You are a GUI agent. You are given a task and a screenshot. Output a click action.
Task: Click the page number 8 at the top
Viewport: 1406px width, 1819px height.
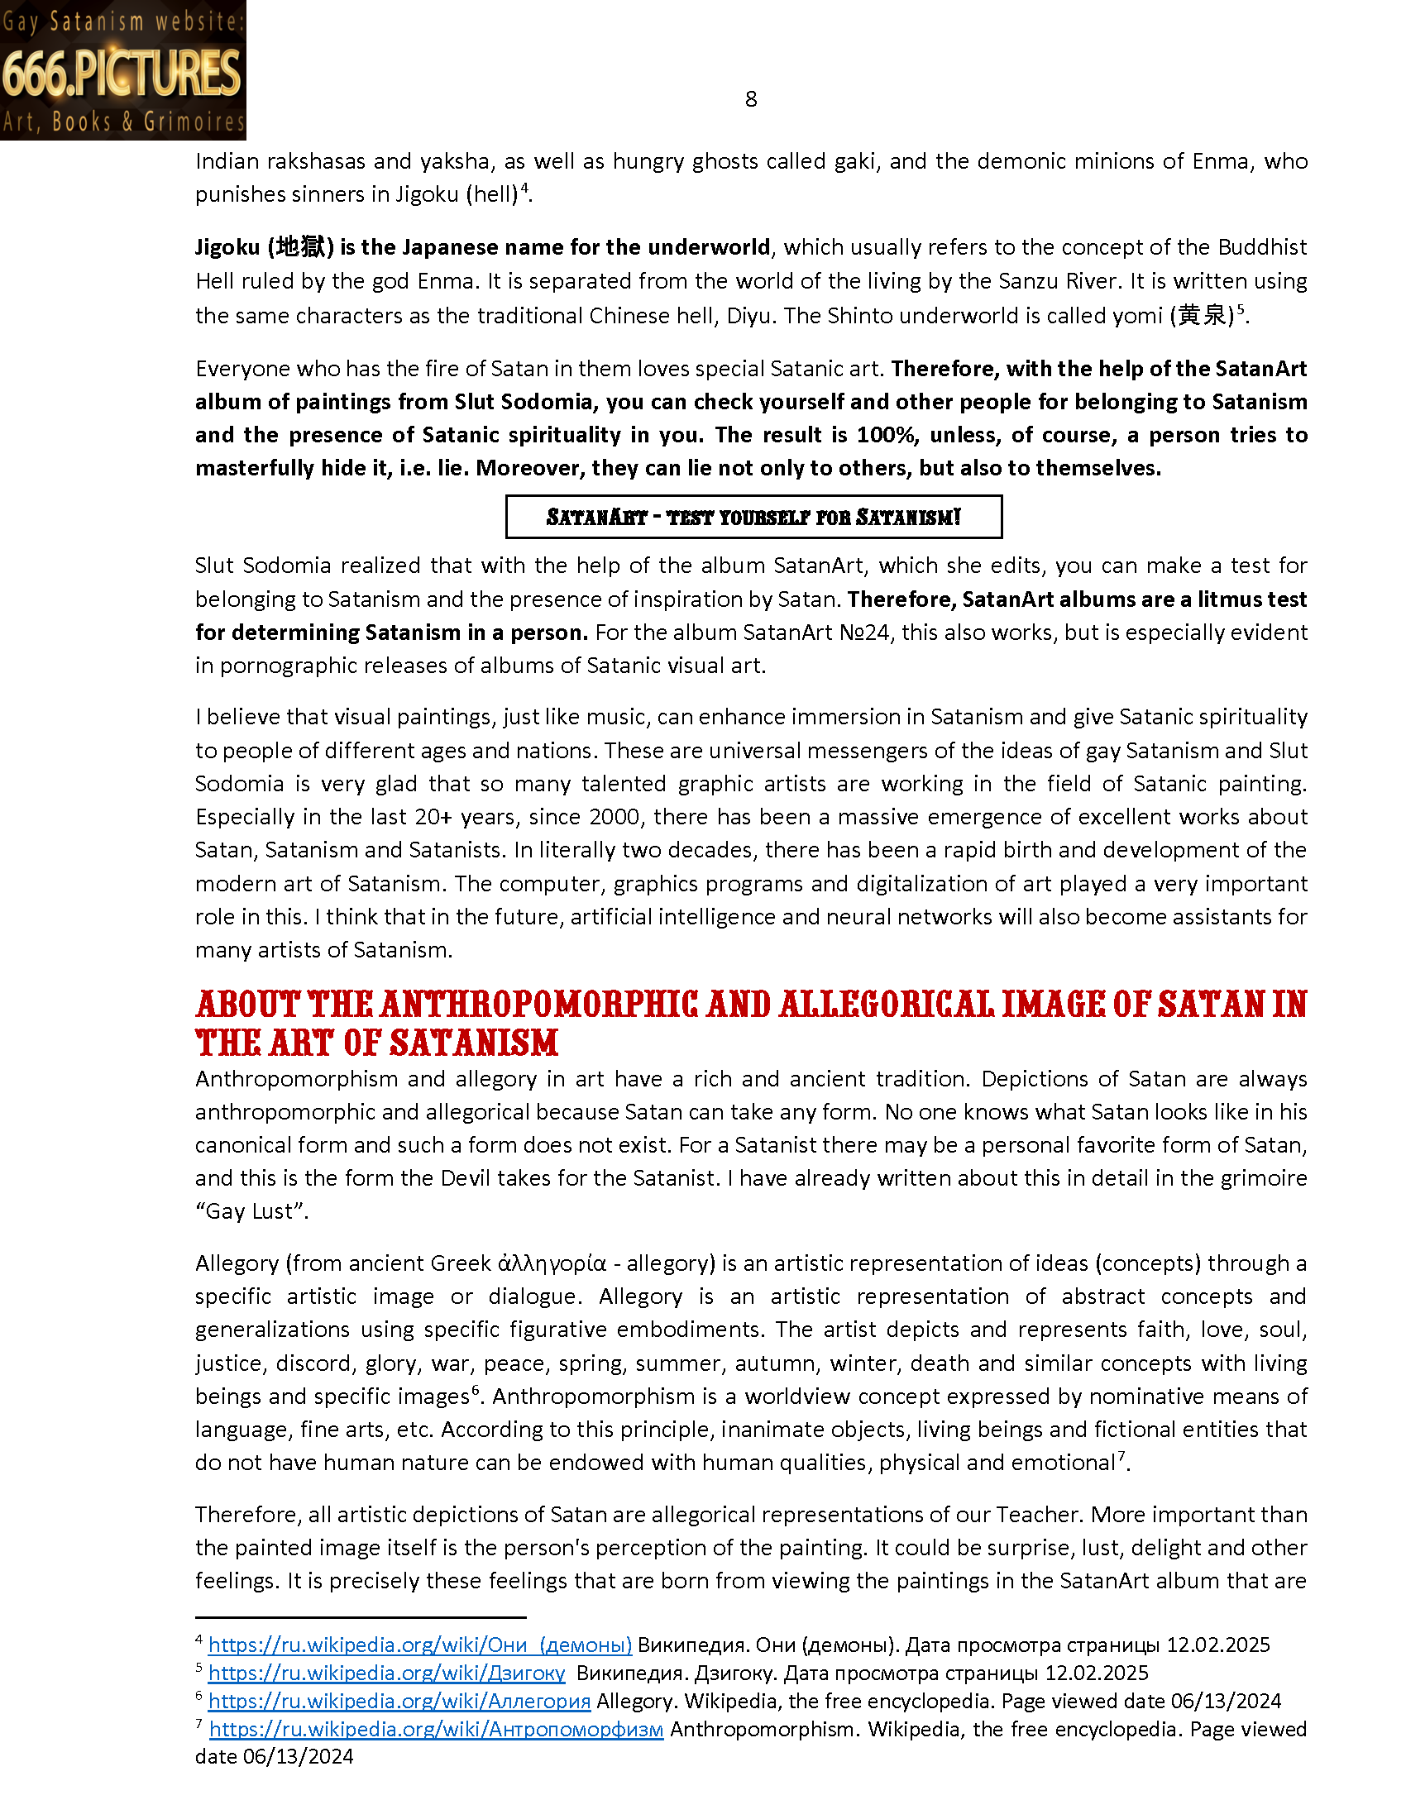pyautogui.click(x=750, y=100)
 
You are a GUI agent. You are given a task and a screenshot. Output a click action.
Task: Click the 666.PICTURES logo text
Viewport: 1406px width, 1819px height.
pyautogui.click(x=122, y=74)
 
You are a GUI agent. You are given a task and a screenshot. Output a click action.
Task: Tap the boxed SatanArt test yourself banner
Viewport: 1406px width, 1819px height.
pyautogui.click(x=753, y=518)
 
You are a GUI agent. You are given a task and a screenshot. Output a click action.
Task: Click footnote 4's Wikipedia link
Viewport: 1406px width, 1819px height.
pyautogui.click(x=420, y=1645)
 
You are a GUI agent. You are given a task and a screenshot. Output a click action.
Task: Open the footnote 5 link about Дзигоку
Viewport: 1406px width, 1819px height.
pyautogui.click(x=386, y=1673)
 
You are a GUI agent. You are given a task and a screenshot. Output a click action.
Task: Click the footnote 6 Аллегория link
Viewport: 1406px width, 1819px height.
pyautogui.click(x=399, y=1701)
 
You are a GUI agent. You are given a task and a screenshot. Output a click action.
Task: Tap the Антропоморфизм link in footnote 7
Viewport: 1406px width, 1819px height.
pyautogui.click(x=436, y=1729)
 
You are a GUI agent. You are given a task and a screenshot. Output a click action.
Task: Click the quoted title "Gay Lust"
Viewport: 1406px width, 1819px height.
pyautogui.click(x=251, y=1211)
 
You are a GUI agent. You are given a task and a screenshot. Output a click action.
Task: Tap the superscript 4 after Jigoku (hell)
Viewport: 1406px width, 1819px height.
pyautogui.click(x=524, y=189)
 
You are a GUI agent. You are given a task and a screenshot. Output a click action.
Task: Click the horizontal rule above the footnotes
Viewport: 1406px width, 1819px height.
pyautogui.click(x=360, y=1617)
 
